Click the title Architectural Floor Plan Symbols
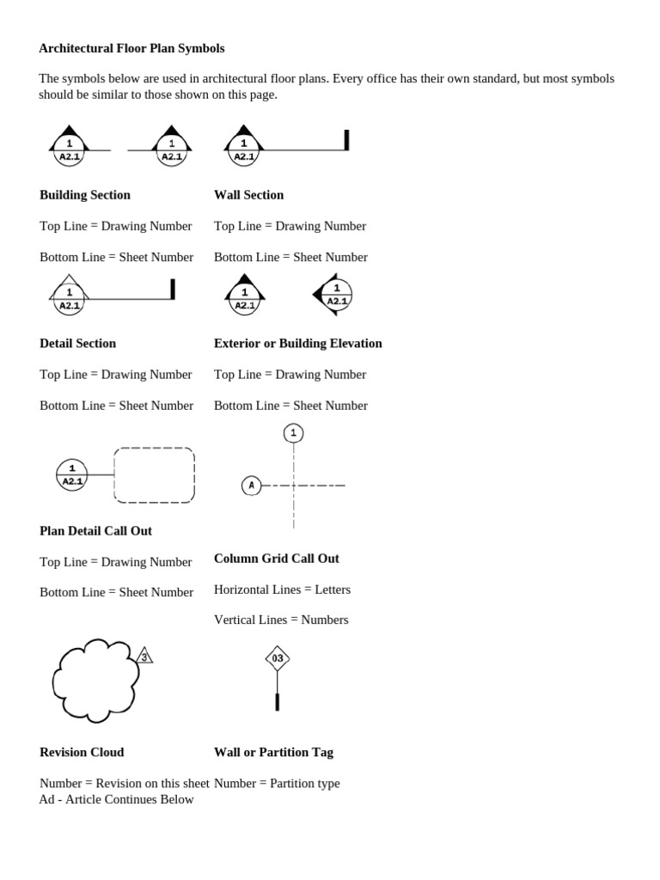[131, 48]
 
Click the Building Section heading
[85, 195]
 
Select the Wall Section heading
[248, 195]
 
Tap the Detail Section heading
[77, 344]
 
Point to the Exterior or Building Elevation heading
[297, 344]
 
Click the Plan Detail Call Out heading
[95, 531]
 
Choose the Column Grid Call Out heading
[276, 559]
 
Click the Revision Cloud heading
[82, 753]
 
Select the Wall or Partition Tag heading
[273, 753]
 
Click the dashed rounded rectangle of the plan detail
[155, 475]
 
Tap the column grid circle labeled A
[251, 486]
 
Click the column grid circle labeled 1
[293, 433]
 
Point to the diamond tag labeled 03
[277, 658]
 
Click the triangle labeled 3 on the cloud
[144, 657]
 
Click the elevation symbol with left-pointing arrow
[334, 295]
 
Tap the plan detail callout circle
[72, 475]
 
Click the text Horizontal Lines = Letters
[282, 590]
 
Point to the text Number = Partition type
[277, 784]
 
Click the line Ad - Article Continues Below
[116, 800]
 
